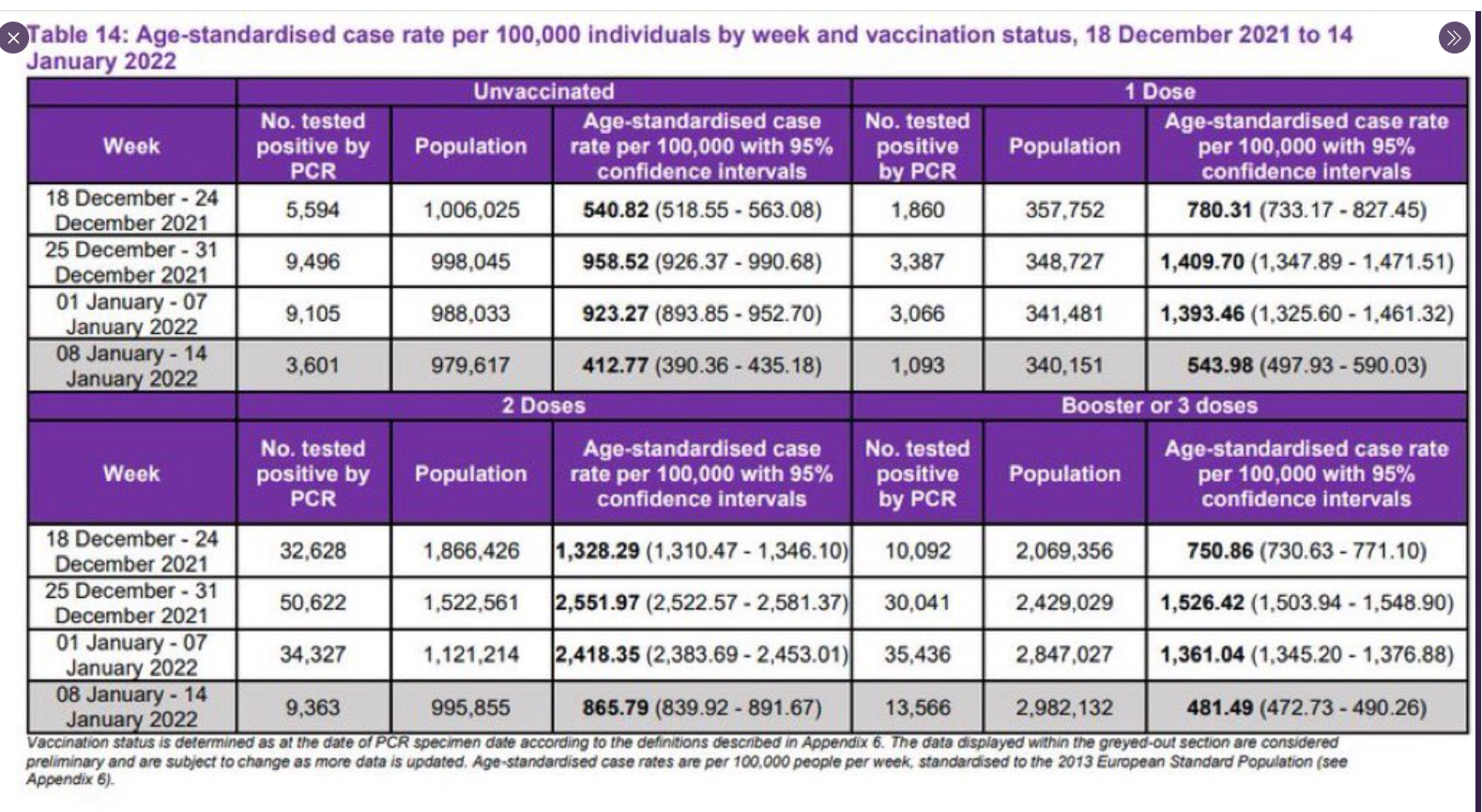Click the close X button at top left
click(12, 39)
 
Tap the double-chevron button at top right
click(1454, 38)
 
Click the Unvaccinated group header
click(543, 92)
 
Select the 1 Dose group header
click(1159, 92)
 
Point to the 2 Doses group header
click(543, 406)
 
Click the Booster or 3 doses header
click(1159, 406)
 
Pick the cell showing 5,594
click(313, 209)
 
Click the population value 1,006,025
click(471, 209)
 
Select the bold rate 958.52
click(615, 262)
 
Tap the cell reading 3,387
click(917, 262)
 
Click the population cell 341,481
click(1064, 314)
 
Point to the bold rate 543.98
click(1219, 365)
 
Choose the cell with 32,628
click(313, 550)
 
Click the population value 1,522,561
click(471, 603)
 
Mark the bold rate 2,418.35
click(597, 654)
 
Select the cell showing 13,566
click(917, 707)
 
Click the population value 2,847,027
click(1064, 654)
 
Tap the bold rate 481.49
click(1219, 707)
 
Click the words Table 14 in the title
click(76, 36)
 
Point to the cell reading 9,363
click(313, 707)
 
